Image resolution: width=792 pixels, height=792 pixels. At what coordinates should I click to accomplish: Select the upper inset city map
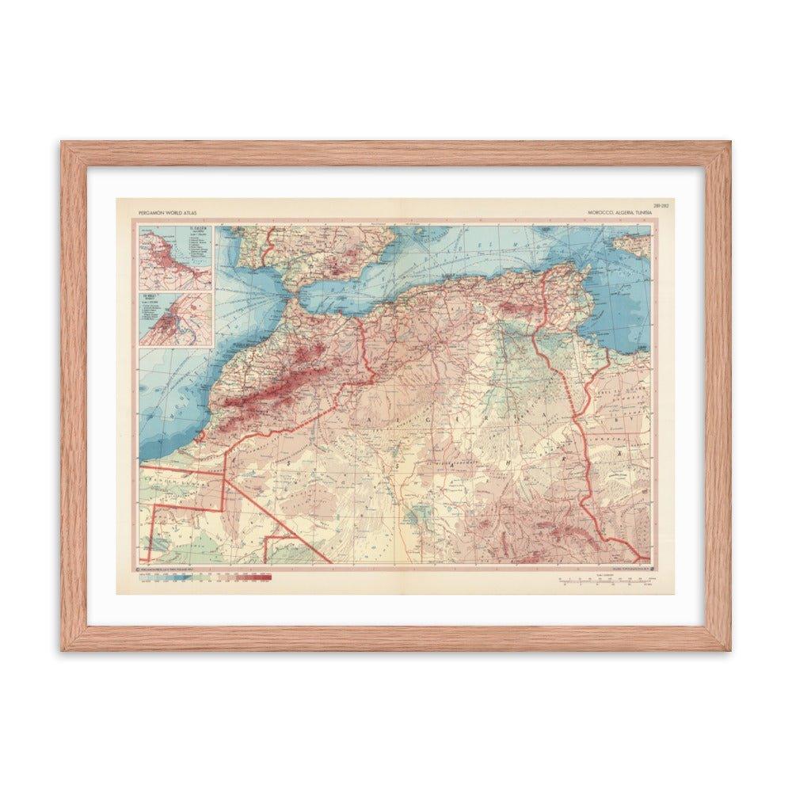[175, 257]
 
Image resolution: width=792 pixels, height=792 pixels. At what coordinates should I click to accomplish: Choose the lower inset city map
[175, 318]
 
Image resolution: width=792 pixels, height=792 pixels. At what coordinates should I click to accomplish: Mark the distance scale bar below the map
[606, 581]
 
